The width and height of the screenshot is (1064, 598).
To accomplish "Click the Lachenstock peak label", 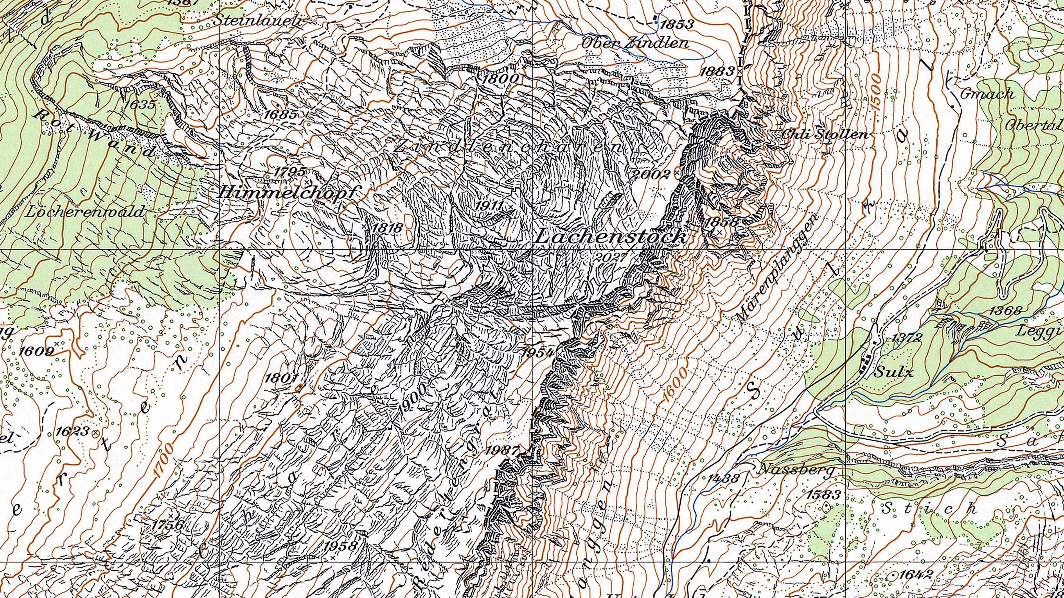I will (611, 237).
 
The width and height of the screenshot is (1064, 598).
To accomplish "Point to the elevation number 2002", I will (652, 174).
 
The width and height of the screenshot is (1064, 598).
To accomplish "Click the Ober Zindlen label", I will (635, 43).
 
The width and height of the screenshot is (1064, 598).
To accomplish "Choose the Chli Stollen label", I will (824, 134).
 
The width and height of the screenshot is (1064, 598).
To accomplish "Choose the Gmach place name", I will (987, 94).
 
